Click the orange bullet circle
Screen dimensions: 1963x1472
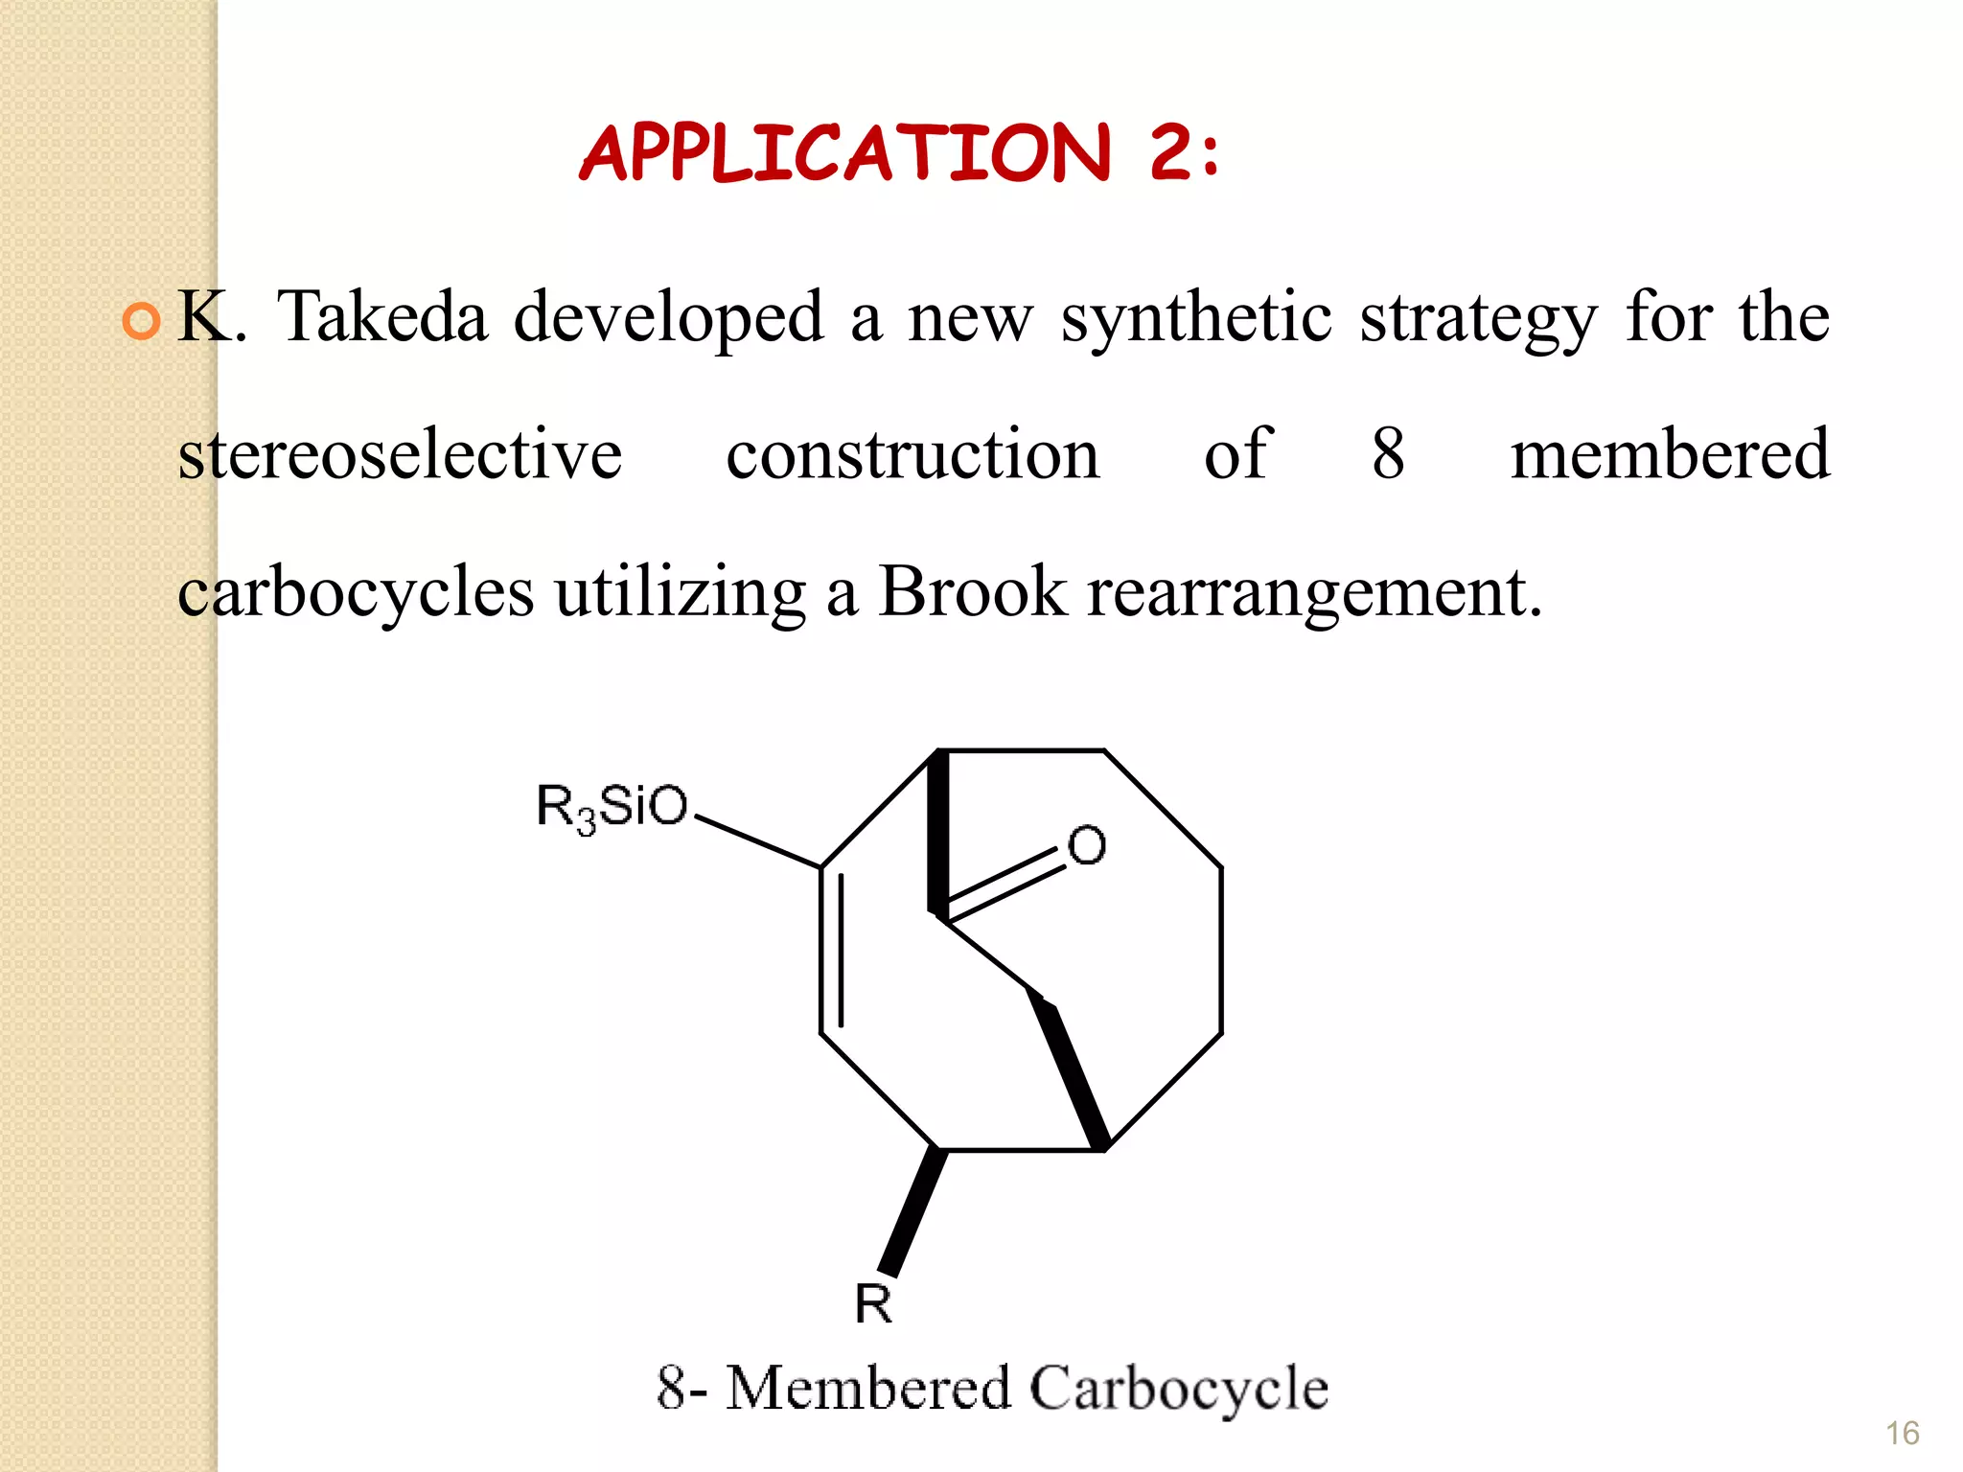tap(142, 321)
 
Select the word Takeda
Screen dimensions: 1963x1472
tap(382, 316)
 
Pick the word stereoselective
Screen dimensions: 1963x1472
tap(401, 453)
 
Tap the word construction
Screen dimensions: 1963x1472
tap(913, 454)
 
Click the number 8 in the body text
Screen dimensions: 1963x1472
tap(1388, 453)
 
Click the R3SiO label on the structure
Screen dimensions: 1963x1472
tap(612, 807)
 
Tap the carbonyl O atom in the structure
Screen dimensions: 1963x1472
tap(1086, 846)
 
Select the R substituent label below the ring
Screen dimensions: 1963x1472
tap(873, 1304)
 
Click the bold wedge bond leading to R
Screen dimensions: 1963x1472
tap(912, 1212)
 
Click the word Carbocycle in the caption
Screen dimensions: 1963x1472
tap(1180, 1389)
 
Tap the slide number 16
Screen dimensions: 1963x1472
tap(1902, 1434)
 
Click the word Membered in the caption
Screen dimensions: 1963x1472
tap(868, 1388)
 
